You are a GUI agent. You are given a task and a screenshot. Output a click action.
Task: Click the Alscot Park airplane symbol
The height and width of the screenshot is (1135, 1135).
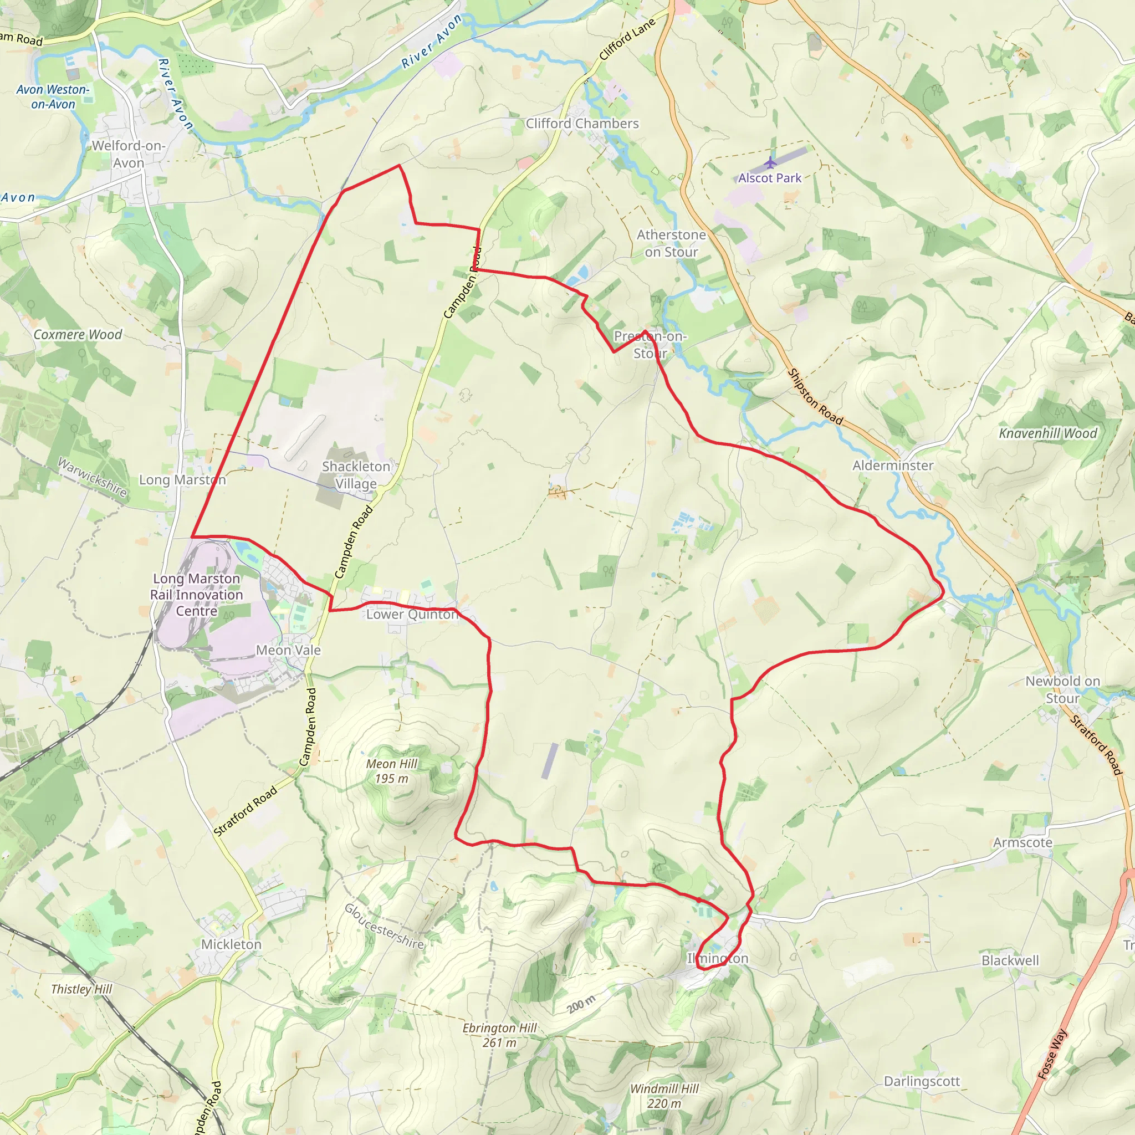pyautogui.click(x=770, y=163)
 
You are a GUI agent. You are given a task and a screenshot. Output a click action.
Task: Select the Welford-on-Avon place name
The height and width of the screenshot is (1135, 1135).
pyautogui.click(x=129, y=154)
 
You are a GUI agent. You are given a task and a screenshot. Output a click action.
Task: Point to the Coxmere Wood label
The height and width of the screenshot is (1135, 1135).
pyautogui.click(x=78, y=334)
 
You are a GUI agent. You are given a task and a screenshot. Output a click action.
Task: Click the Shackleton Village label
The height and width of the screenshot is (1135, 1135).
pyautogui.click(x=356, y=475)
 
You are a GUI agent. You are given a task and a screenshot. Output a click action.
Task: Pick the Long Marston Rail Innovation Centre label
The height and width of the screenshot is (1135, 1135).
pyautogui.click(x=196, y=595)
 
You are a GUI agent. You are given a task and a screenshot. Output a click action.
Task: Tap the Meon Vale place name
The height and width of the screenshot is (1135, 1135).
pyautogui.click(x=288, y=650)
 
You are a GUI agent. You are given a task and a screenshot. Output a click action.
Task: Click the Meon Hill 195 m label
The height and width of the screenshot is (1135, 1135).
pyautogui.click(x=392, y=771)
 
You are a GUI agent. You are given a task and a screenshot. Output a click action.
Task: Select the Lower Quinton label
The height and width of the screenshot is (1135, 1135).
pyautogui.click(x=412, y=615)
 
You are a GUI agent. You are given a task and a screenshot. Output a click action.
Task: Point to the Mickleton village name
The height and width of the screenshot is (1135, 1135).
pyautogui.click(x=231, y=944)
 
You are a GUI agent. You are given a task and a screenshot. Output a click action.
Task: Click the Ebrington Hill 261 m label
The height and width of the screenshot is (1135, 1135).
pyautogui.click(x=499, y=1035)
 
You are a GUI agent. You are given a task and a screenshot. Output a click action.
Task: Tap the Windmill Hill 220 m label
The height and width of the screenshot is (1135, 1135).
pyautogui.click(x=664, y=1096)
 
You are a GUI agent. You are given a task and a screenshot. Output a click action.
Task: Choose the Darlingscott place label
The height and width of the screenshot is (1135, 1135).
pyautogui.click(x=922, y=1081)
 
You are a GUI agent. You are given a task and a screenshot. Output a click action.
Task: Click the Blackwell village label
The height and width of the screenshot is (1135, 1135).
pyautogui.click(x=1010, y=960)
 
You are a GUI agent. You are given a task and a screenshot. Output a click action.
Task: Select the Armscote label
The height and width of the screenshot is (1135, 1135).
pyautogui.click(x=1023, y=842)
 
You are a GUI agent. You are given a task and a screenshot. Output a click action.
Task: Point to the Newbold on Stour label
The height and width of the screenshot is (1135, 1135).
pyautogui.click(x=1062, y=689)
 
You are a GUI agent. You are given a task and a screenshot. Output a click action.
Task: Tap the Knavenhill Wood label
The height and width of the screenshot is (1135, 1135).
pyautogui.click(x=1048, y=433)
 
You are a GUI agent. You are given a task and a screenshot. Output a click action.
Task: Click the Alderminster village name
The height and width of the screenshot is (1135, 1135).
pyautogui.click(x=893, y=466)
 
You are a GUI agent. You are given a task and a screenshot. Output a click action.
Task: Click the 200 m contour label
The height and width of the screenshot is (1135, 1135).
pyautogui.click(x=581, y=1005)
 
